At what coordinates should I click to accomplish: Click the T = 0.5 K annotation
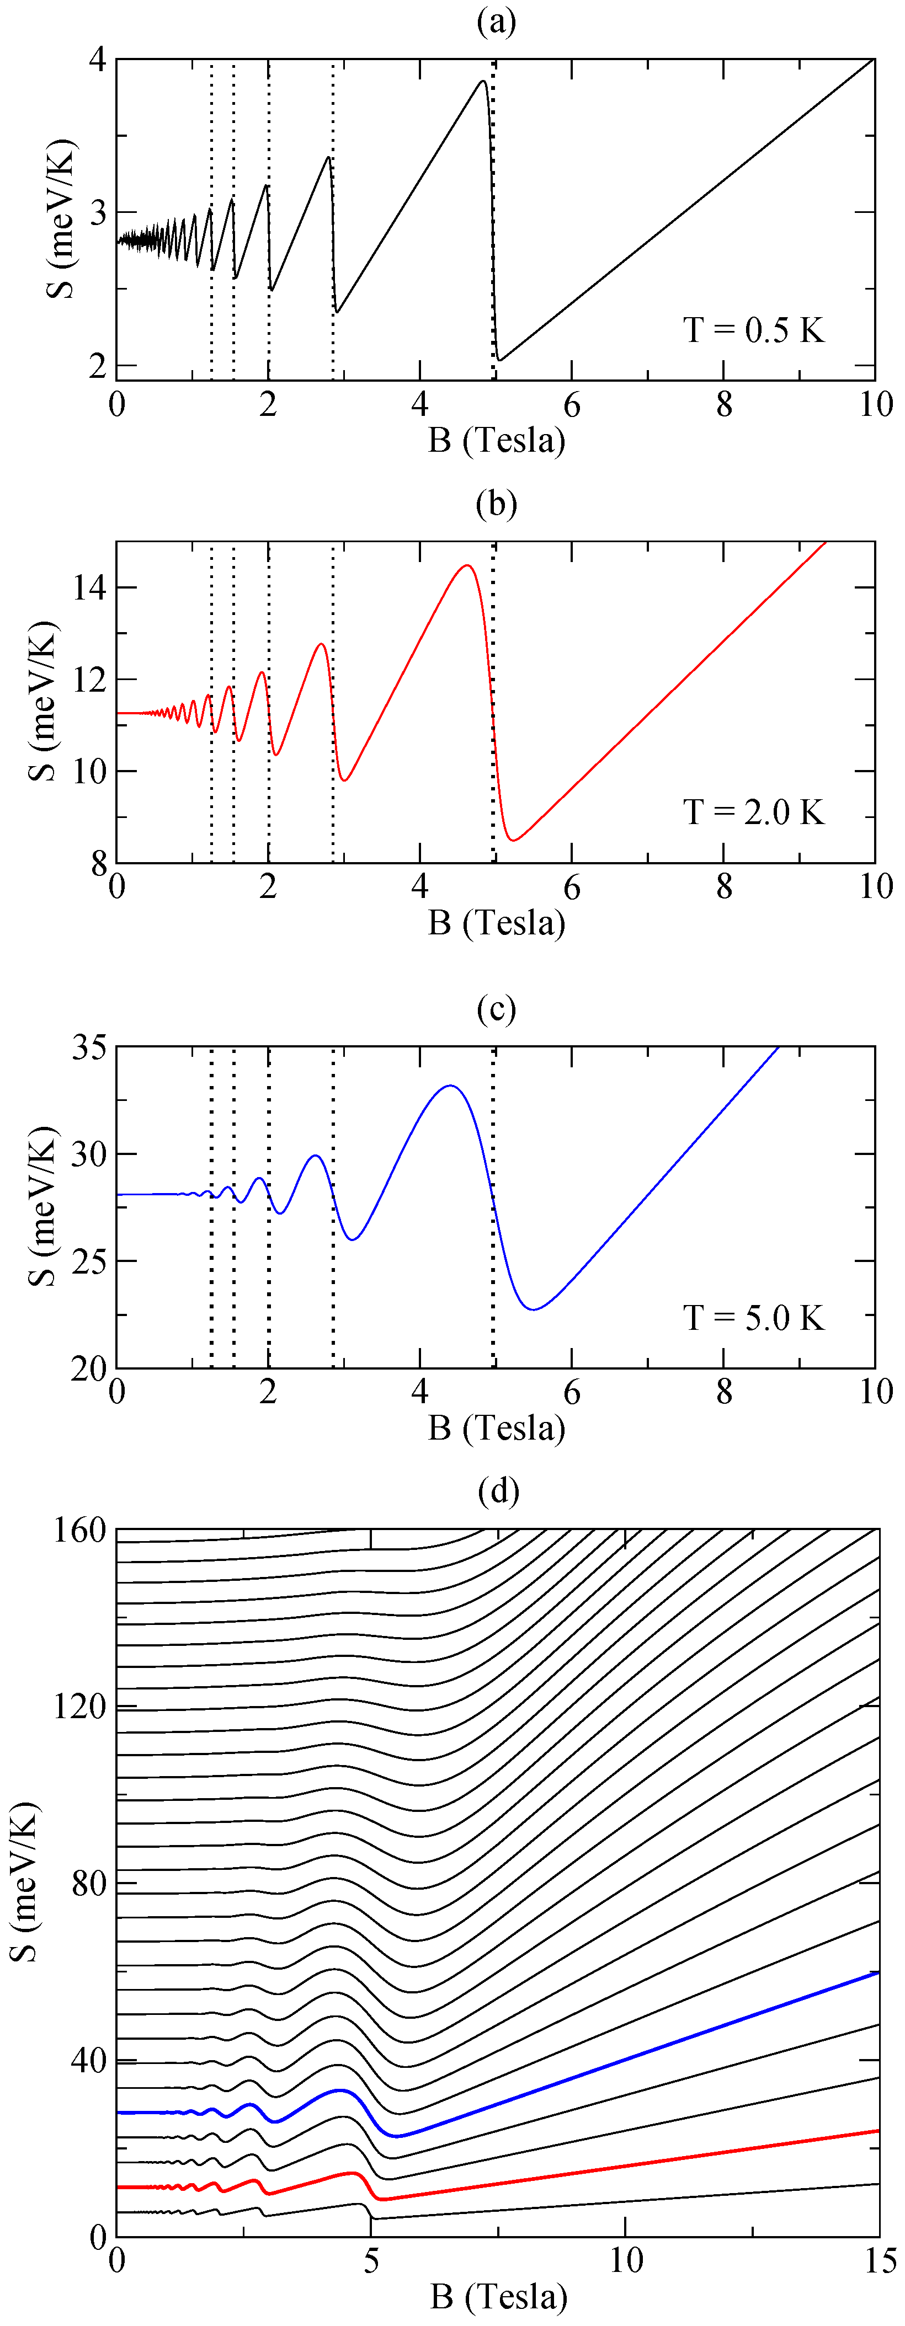tap(753, 330)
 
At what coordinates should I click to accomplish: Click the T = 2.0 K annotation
tap(753, 812)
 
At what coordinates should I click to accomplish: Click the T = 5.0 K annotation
tap(753, 1318)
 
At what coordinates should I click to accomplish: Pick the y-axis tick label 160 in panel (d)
tap(81, 1531)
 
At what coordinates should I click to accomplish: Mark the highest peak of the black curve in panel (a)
tap(483, 81)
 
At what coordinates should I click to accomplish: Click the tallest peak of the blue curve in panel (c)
tap(450, 1086)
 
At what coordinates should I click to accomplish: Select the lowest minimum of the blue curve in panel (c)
tap(535, 1309)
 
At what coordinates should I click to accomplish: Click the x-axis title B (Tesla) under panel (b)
tap(497, 923)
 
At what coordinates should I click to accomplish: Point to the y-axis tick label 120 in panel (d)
tap(81, 1708)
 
